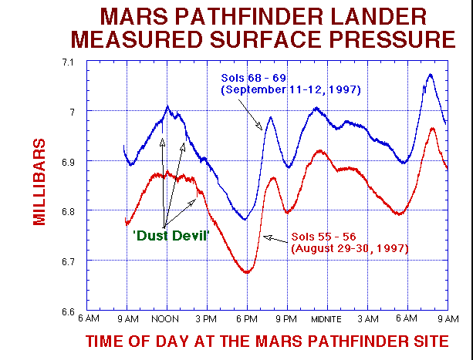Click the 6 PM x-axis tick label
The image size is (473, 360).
coord(246,319)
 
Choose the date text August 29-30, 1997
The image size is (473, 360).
coord(349,248)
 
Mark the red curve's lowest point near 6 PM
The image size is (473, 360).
coord(247,273)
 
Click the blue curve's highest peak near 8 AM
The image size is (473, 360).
coord(430,75)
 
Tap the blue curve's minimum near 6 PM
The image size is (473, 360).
coord(245,220)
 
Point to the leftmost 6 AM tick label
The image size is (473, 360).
coord(88,319)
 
